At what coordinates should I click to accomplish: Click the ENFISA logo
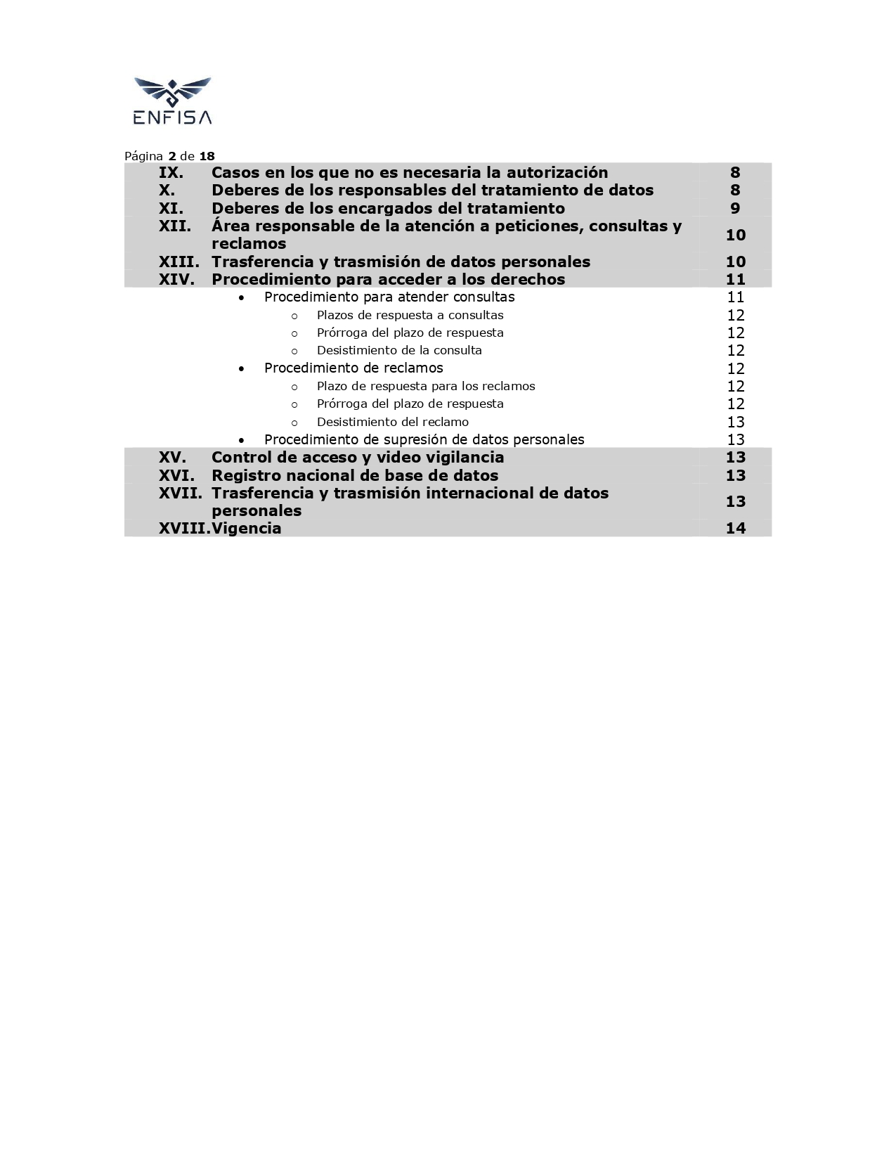(172, 101)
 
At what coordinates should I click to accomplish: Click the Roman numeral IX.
(171, 173)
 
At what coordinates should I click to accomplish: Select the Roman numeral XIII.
(178, 262)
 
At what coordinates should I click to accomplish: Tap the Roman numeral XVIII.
(184, 529)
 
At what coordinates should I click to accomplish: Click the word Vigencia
(247, 529)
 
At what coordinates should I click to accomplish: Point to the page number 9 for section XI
(735, 208)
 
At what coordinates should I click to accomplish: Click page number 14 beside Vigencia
(735, 529)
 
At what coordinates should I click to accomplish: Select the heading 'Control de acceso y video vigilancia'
(358, 458)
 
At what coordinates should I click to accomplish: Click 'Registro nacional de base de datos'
(355, 475)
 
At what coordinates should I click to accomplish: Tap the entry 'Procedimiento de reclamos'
(353, 368)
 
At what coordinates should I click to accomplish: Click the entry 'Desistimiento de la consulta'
(399, 350)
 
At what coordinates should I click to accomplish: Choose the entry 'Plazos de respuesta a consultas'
(410, 315)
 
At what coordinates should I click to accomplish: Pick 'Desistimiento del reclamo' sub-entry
(392, 422)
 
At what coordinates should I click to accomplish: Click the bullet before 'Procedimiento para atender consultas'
(242, 298)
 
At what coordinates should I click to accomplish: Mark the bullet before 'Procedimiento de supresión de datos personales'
(242, 440)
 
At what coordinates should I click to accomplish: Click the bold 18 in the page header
(207, 156)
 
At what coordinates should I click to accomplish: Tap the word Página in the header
(143, 156)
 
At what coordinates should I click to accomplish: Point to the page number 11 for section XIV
(735, 279)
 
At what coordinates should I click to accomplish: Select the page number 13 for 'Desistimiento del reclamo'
(735, 422)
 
